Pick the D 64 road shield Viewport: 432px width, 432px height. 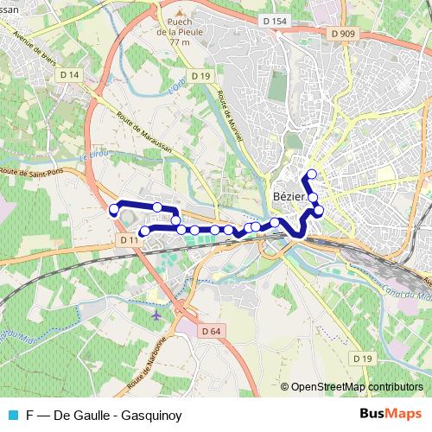point(212,331)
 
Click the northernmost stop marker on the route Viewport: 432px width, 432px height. point(312,175)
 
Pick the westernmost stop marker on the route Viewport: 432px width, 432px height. point(113,210)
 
